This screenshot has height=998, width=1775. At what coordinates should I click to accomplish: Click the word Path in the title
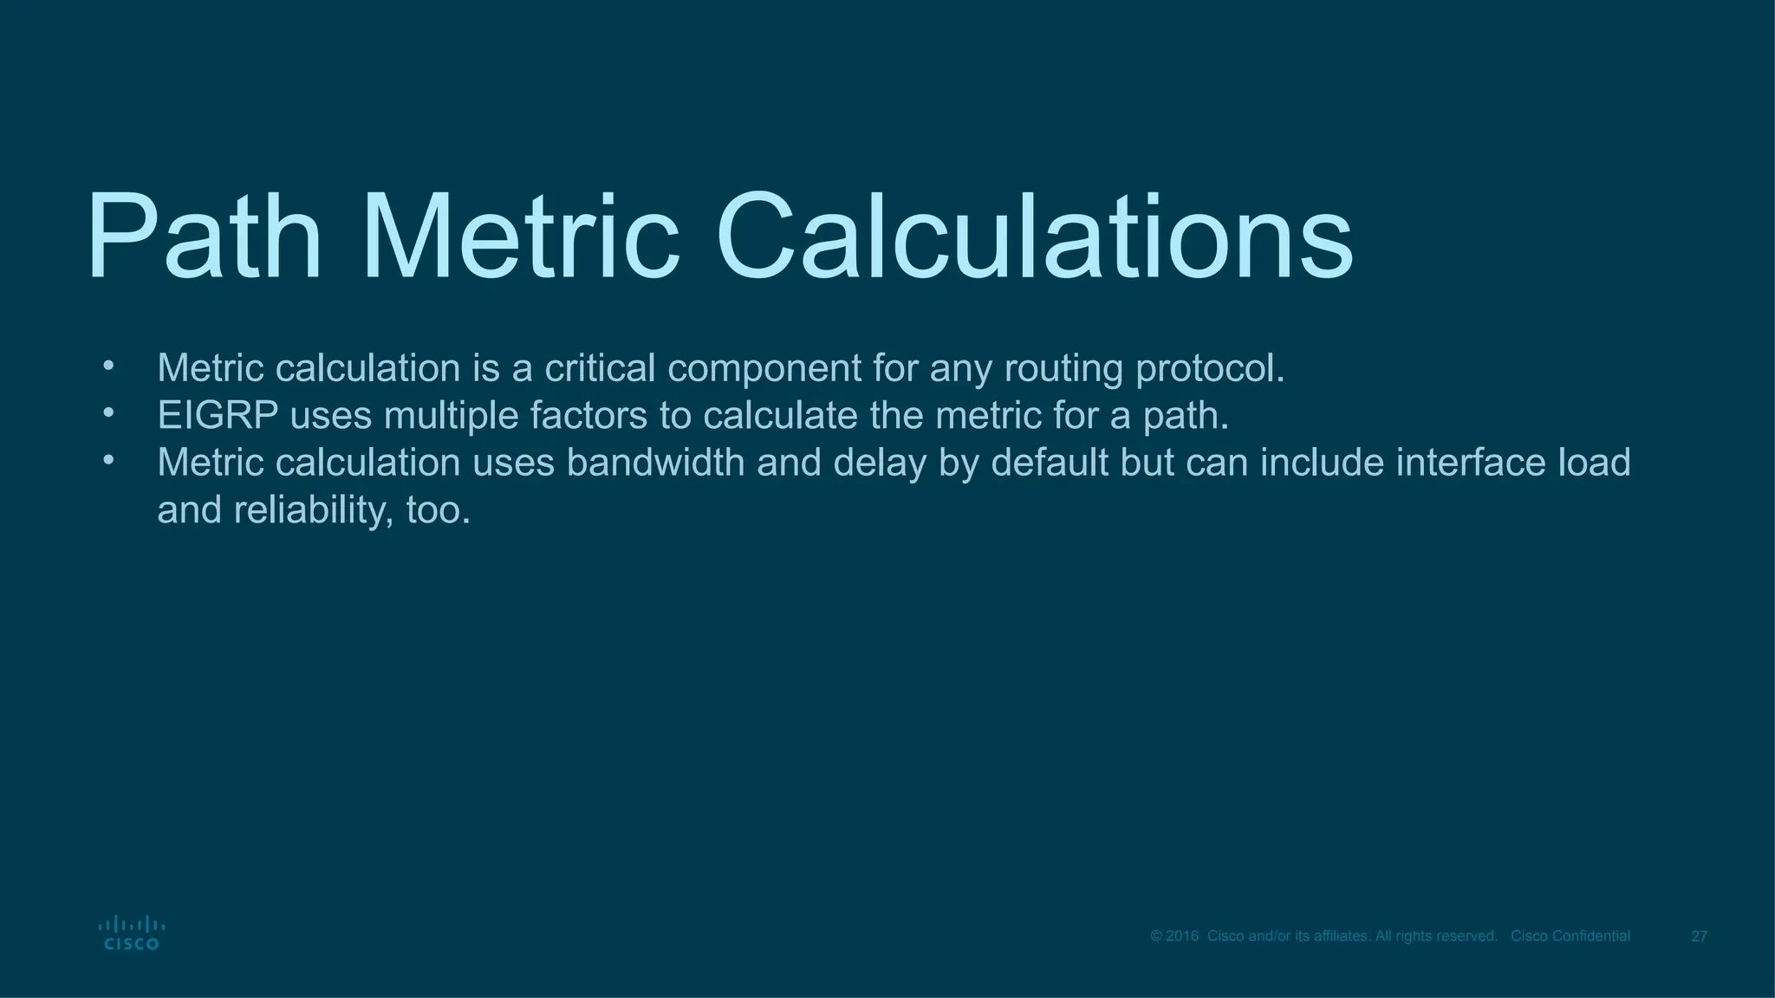[204, 238]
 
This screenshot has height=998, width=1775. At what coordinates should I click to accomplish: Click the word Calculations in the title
[1033, 238]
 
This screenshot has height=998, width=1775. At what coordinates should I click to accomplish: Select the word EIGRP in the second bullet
[218, 416]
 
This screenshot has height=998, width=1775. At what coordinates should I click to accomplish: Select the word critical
[600, 369]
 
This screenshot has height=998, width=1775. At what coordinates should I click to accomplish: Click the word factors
[588, 416]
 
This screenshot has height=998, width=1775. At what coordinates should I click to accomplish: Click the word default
[1050, 463]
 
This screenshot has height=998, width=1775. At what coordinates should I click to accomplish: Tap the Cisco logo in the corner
[131, 933]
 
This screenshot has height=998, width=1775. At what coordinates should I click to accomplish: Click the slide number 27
[1699, 936]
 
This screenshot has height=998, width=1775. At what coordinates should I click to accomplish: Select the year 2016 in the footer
[1183, 936]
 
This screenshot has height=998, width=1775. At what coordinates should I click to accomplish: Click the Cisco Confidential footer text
[1570, 936]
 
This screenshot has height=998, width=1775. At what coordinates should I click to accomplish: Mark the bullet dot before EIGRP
[108, 413]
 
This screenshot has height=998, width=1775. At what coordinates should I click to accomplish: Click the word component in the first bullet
[764, 369]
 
